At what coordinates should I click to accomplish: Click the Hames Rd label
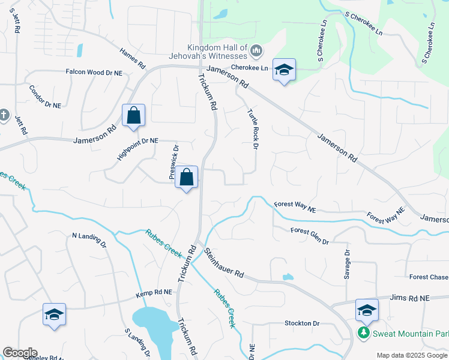click(133, 58)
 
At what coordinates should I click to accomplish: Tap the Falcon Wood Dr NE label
click(94, 72)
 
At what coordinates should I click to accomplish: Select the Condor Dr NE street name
click(45, 96)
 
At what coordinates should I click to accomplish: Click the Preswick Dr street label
click(174, 162)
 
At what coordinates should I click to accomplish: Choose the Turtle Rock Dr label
click(253, 128)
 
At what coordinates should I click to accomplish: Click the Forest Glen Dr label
click(310, 235)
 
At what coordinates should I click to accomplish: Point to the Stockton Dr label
click(302, 323)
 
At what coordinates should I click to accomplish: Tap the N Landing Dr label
click(89, 240)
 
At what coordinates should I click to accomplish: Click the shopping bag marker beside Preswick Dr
click(187, 177)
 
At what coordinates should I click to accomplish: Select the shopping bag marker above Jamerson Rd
click(133, 115)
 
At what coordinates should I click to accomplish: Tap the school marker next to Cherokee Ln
click(284, 70)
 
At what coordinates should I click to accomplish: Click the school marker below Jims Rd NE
click(367, 310)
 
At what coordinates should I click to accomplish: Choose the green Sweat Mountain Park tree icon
click(363, 332)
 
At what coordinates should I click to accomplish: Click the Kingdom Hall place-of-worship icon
click(256, 49)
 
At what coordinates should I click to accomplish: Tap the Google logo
click(20, 353)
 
